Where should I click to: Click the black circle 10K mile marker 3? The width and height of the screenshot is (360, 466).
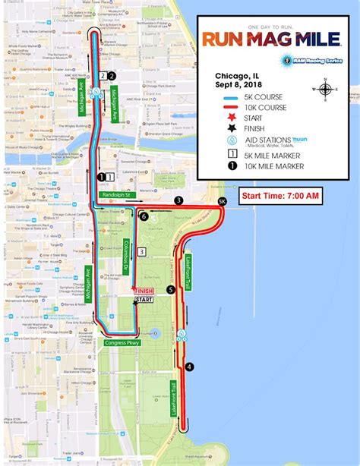[178, 200]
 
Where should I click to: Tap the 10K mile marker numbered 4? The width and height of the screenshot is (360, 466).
[190, 367]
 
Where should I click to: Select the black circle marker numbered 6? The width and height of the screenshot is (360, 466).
[144, 216]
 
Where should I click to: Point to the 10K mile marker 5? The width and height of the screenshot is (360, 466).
[171, 289]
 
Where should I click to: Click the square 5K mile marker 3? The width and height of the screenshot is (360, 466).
[141, 252]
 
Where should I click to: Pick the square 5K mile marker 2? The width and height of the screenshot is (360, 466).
[101, 75]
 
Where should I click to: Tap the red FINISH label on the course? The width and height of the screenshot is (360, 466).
[144, 291]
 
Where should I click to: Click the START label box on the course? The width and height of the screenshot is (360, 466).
[143, 301]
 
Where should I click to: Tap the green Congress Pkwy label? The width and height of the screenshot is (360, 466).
[120, 342]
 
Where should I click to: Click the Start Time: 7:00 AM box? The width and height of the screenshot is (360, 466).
[280, 197]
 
